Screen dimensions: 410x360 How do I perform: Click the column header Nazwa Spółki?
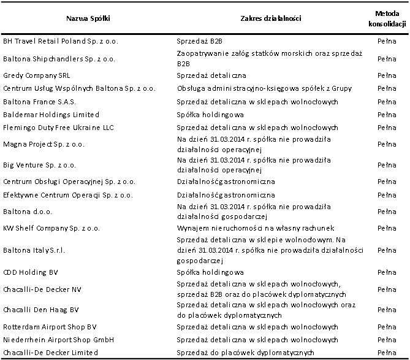click(x=88, y=18)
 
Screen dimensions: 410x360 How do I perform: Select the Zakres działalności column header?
click(x=271, y=18)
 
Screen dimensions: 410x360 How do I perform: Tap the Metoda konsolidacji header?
click(x=387, y=18)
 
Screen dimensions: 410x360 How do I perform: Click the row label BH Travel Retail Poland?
click(x=61, y=41)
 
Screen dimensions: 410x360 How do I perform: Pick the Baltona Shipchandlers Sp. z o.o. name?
click(x=59, y=59)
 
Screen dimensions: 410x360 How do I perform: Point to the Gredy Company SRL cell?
click(x=37, y=75)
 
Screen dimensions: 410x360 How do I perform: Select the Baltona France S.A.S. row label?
click(x=39, y=102)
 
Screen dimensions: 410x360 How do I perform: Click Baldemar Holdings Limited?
click(x=51, y=115)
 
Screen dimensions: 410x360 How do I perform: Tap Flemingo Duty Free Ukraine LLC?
click(x=58, y=128)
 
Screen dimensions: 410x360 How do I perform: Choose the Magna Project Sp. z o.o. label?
click(x=44, y=144)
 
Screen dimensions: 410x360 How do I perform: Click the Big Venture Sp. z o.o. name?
click(x=39, y=165)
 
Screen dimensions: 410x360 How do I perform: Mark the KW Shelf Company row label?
click(x=51, y=228)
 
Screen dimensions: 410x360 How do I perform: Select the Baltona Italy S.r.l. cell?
click(x=34, y=250)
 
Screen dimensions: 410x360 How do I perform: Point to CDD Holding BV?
click(x=30, y=272)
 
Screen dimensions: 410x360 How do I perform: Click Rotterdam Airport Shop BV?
click(x=50, y=327)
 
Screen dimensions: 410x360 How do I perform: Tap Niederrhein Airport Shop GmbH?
click(x=59, y=340)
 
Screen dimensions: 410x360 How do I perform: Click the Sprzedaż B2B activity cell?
click(x=199, y=41)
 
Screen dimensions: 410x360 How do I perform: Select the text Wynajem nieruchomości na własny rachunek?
click(x=256, y=228)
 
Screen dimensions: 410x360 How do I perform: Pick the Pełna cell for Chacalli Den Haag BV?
click(x=387, y=310)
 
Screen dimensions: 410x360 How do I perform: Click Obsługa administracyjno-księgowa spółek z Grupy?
click(x=264, y=88)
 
